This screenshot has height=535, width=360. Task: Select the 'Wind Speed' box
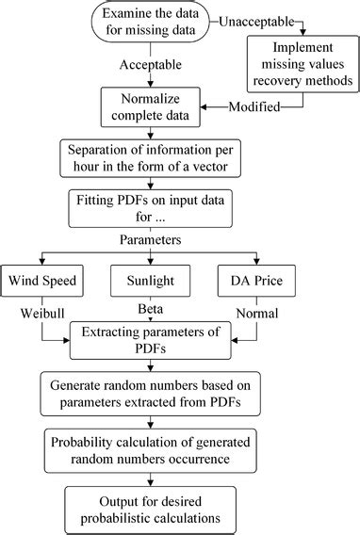point(41,282)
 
